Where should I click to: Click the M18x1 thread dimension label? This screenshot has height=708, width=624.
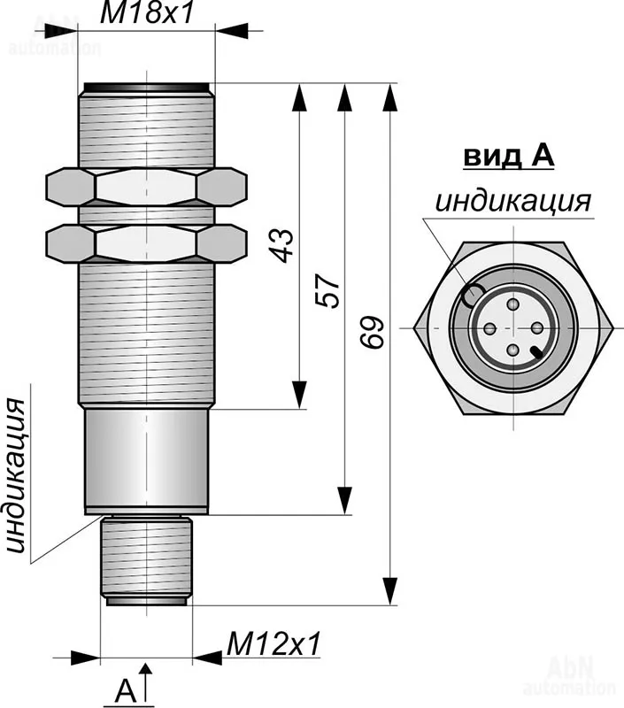tap(147, 12)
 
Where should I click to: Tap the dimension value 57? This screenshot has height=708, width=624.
tap(327, 290)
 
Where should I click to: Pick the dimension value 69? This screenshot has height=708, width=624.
tap(373, 332)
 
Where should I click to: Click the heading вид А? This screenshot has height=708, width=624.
tap(508, 157)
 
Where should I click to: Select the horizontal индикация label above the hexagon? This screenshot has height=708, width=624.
tap(512, 202)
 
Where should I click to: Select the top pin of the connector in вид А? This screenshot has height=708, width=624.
tap(512, 304)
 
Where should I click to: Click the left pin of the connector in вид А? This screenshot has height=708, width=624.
tap(489, 328)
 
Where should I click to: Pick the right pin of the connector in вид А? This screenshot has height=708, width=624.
tap(536, 328)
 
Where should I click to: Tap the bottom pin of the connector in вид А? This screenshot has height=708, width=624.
tap(512, 351)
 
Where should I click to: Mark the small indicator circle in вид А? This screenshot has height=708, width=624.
tap(475, 293)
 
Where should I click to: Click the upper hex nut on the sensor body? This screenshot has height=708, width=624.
tap(146, 187)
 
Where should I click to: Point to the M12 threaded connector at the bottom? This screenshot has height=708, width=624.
tap(146, 559)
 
